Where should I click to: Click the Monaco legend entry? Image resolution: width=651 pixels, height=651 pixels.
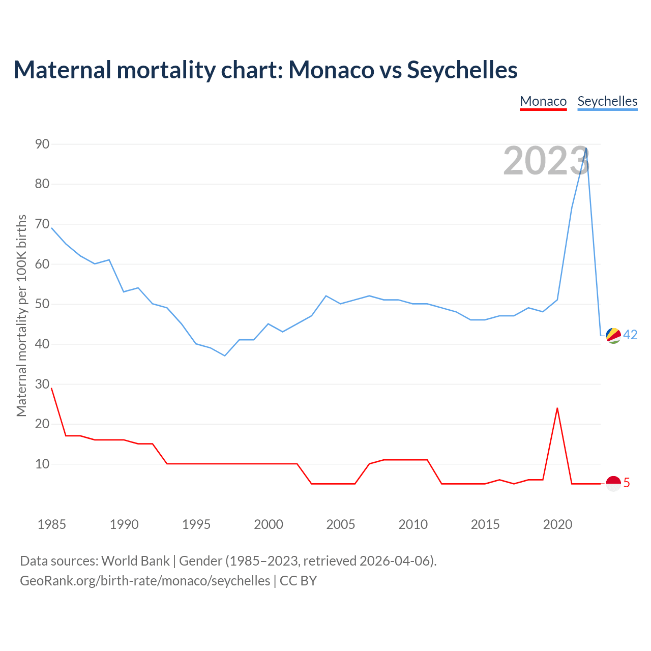point(543,101)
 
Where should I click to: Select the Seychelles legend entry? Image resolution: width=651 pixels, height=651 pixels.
point(607,101)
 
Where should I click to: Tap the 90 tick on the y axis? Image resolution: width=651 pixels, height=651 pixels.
point(42,144)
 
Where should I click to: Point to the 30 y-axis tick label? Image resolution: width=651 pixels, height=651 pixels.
point(42,384)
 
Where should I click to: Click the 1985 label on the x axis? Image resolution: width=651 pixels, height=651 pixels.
point(51,524)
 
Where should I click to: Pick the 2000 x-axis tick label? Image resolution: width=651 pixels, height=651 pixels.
point(269,524)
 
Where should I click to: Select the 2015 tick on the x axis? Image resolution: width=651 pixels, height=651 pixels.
point(485,524)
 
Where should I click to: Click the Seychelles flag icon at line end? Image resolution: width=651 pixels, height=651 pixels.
point(613,335)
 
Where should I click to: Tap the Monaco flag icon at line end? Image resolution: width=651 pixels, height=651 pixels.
point(613,483)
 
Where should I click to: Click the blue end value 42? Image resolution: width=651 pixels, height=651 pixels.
point(630,335)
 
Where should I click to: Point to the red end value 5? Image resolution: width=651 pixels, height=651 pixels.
point(627,483)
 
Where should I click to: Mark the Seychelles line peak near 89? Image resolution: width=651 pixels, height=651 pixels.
point(586,149)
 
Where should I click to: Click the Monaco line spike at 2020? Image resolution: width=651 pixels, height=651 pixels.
point(557,408)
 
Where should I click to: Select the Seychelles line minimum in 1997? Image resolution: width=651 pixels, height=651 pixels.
point(225,356)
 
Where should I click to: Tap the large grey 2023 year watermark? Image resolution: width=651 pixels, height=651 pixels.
point(546,161)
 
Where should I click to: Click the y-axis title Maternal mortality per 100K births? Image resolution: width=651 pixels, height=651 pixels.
point(21,315)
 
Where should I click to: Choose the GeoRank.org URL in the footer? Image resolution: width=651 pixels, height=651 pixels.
point(145,580)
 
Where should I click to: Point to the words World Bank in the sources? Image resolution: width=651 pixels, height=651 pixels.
point(135,560)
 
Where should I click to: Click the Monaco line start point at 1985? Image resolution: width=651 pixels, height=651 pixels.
point(51,388)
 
